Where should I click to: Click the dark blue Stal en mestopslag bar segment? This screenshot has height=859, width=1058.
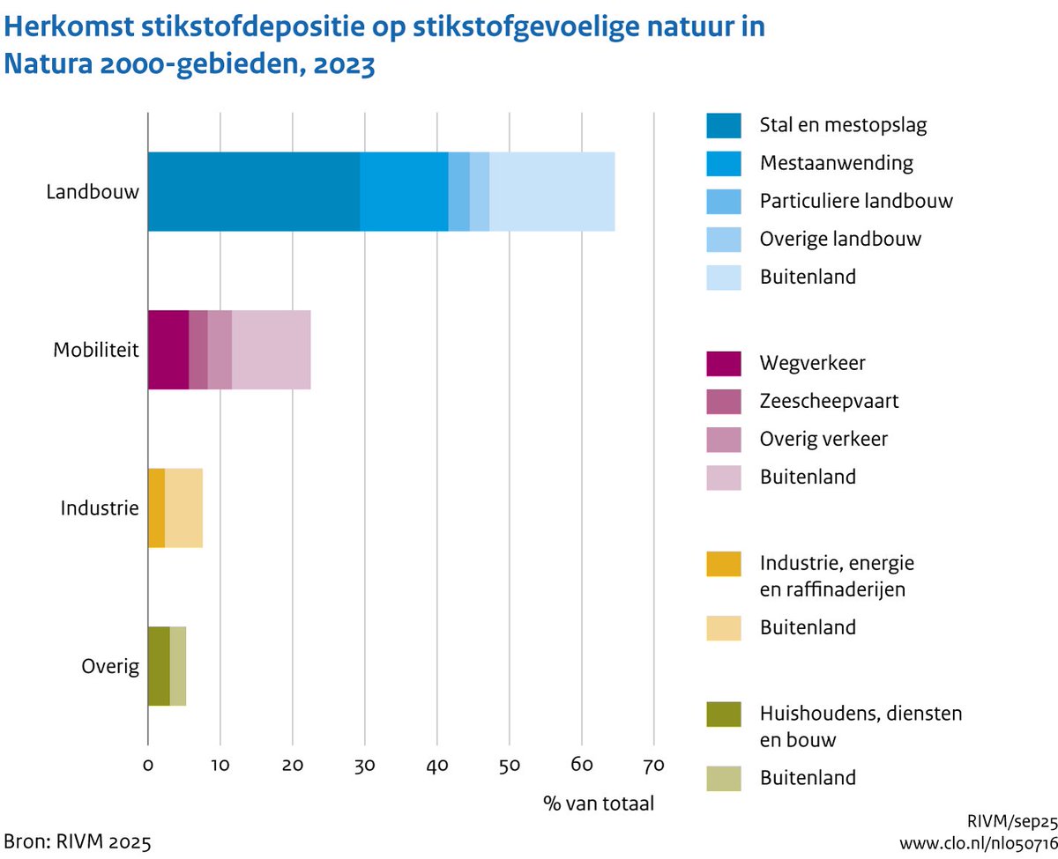(254, 191)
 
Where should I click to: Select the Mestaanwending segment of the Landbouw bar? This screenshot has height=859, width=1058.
(404, 191)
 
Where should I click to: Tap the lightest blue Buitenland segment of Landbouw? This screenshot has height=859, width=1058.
(552, 191)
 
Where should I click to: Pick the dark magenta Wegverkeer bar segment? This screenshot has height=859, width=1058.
(168, 350)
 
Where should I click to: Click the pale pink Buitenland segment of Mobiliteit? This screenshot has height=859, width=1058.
(271, 350)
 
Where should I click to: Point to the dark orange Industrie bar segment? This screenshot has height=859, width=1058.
(156, 508)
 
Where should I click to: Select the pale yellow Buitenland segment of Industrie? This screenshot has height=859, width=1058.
(183, 508)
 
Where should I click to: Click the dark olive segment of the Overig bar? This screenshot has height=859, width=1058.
(158, 666)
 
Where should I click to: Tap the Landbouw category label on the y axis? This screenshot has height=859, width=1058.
(93, 191)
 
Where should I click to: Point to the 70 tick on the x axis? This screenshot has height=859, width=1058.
(653, 762)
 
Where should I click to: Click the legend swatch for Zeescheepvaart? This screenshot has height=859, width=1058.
(723, 401)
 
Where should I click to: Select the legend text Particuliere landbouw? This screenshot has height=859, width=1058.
(856, 201)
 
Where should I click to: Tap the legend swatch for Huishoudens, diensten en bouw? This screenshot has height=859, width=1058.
(723, 715)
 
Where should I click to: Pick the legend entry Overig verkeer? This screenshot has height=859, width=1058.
(824, 439)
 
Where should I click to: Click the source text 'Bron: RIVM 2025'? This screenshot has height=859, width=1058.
(71, 838)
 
